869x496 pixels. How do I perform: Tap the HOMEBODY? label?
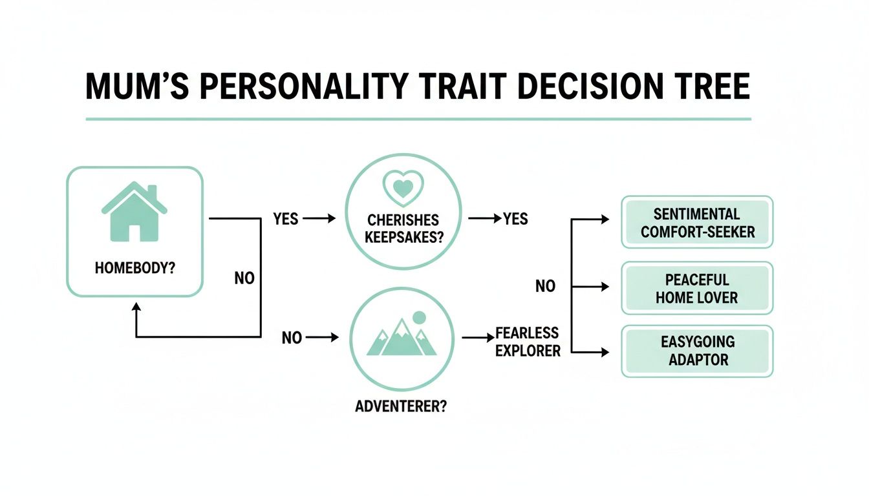coord(134,267)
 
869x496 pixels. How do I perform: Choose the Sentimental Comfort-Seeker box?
coord(697,222)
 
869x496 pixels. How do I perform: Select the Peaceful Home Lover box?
coord(697,288)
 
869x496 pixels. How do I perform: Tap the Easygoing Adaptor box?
coord(697,351)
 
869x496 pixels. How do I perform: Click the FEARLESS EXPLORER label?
coord(527,342)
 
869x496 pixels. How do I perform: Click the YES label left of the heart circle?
coord(286,219)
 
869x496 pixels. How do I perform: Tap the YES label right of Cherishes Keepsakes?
coord(515,219)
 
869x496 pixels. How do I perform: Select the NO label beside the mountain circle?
coord(292,337)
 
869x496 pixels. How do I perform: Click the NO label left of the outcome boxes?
coord(545,285)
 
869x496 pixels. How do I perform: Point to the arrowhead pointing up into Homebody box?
coord(136,308)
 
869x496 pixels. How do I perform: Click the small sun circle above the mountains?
coord(419,318)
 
